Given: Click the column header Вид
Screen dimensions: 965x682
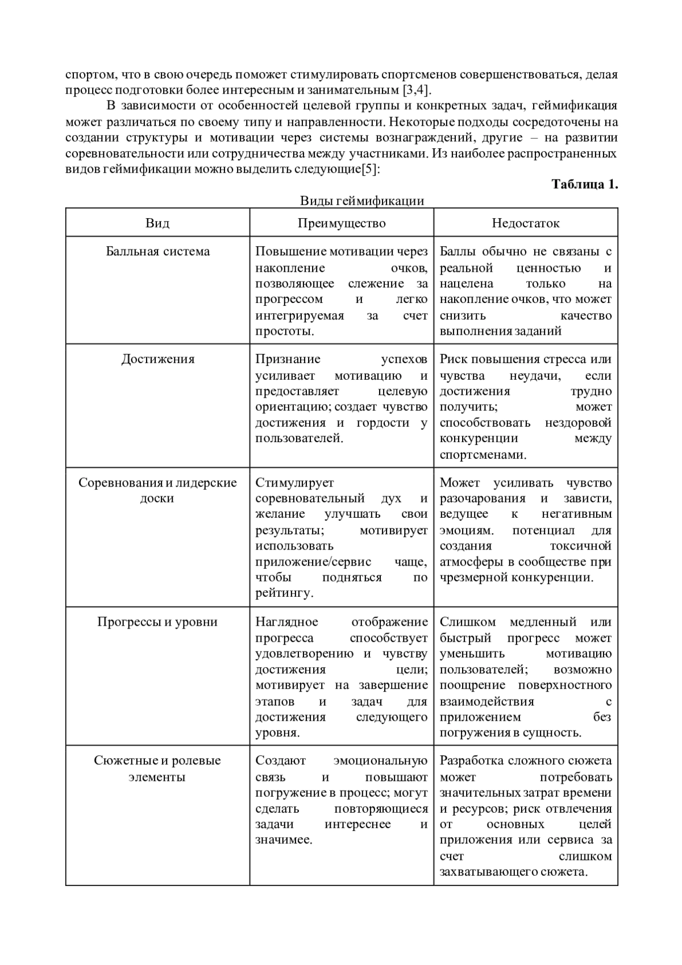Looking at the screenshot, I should pos(157,223).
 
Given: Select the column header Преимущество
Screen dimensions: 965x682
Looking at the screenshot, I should pos(342,223).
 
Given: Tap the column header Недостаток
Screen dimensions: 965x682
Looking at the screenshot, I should pos(526,223).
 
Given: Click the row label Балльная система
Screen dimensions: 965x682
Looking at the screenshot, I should pos(157,252).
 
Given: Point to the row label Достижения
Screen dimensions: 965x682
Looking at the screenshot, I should pos(157,359).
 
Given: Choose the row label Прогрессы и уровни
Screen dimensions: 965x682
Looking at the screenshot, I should pos(157,622).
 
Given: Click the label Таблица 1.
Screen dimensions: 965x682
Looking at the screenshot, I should pos(584,184).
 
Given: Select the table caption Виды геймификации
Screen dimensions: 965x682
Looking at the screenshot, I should pos(362,201).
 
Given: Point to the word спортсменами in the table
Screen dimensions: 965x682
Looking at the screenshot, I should pos(482,455).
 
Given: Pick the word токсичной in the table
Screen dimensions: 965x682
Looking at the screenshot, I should pos(580,546).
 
